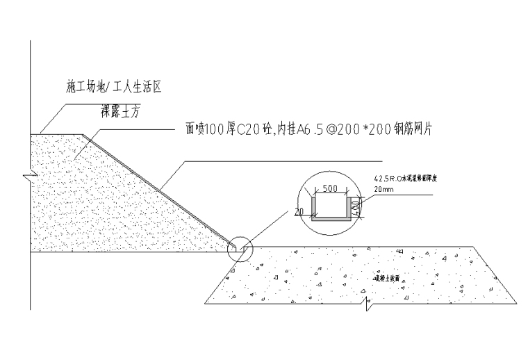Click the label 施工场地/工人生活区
click(x=114, y=88)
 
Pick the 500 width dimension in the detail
click(x=331, y=188)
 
